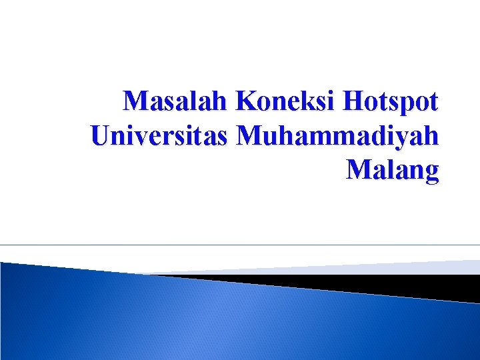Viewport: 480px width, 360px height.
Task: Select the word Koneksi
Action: click(287, 101)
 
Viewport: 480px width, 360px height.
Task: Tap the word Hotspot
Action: click(391, 103)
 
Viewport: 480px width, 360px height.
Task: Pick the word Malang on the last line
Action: click(393, 171)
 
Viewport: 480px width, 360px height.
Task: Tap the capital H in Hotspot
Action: click(353, 101)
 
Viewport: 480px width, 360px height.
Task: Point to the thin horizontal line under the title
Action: click(240, 245)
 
